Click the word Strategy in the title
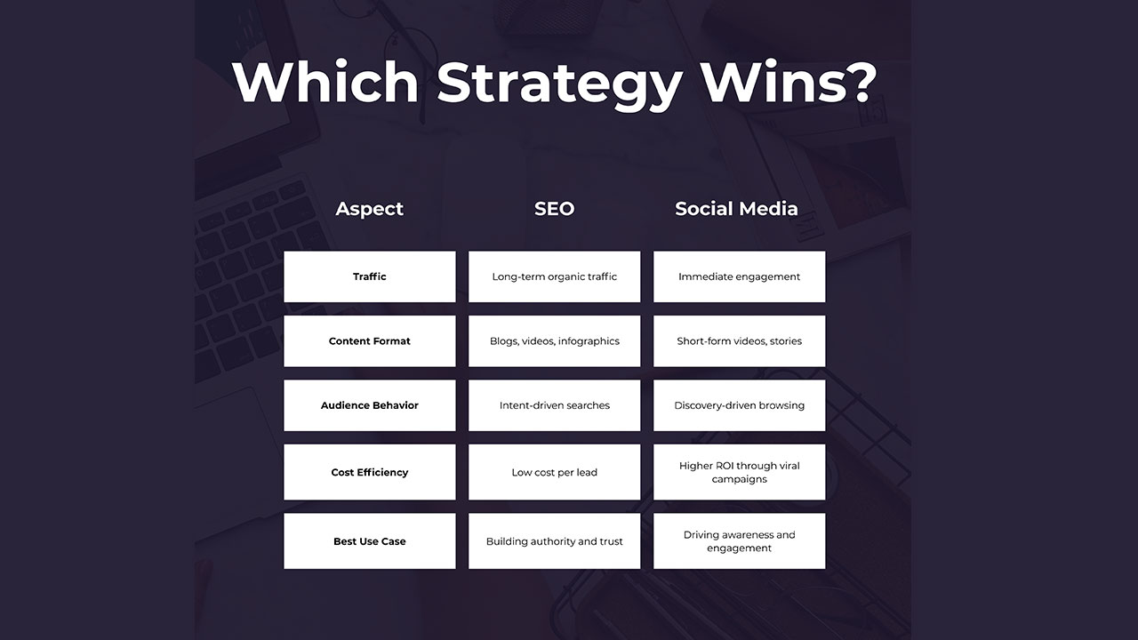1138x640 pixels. pyautogui.click(x=559, y=82)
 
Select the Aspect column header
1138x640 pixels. pyautogui.click(x=369, y=209)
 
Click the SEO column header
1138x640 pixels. pyautogui.click(x=554, y=209)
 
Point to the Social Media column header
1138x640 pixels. pyautogui.click(x=736, y=209)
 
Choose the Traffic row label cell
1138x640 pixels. pyautogui.click(x=369, y=276)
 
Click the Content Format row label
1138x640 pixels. pyautogui.click(x=369, y=341)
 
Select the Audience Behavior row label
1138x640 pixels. pyautogui.click(x=369, y=405)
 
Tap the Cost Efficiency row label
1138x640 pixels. pyautogui.click(x=369, y=472)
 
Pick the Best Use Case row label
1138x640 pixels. pyautogui.click(x=369, y=541)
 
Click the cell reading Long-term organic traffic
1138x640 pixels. pyautogui.click(x=554, y=276)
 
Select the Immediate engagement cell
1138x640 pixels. pyautogui.click(x=739, y=276)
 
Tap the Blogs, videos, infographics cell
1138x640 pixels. pyautogui.click(x=554, y=341)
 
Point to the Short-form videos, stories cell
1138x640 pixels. pyautogui.click(x=739, y=341)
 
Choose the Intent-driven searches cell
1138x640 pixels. pyautogui.click(x=554, y=405)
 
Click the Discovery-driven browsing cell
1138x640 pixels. pyautogui.click(x=739, y=405)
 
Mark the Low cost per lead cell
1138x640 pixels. pyautogui.click(x=554, y=472)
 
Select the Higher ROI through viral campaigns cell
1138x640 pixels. pyautogui.click(x=739, y=472)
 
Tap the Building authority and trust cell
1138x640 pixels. pyautogui.click(x=554, y=541)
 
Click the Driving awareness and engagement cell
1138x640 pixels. pyautogui.click(x=739, y=541)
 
